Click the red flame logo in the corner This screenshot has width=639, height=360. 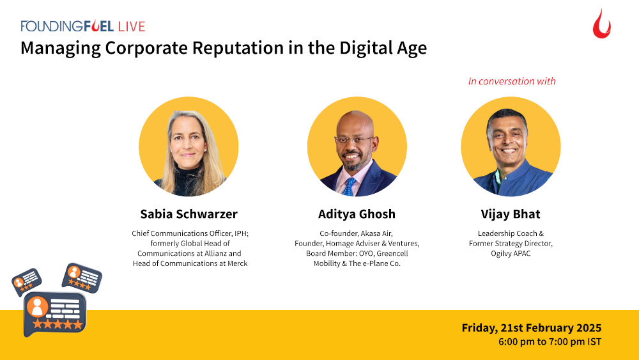(601, 24)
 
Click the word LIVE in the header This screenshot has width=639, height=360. (131, 26)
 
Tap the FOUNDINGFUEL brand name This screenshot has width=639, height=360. (67, 26)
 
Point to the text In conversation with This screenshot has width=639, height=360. (511, 81)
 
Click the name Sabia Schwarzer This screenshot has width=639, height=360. (189, 214)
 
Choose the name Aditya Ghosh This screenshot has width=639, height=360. (357, 214)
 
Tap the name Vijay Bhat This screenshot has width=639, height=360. (511, 214)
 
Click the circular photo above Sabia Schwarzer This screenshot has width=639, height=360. (189, 146)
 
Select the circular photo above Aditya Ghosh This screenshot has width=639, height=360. (357, 146)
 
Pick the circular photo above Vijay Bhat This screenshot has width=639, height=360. (511, 146)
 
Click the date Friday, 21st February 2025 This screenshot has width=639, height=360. (532, 328)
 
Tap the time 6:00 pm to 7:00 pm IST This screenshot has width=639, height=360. (550, 342)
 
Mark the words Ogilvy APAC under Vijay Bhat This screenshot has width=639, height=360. (511, 253)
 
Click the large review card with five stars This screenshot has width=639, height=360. (54, 313)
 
